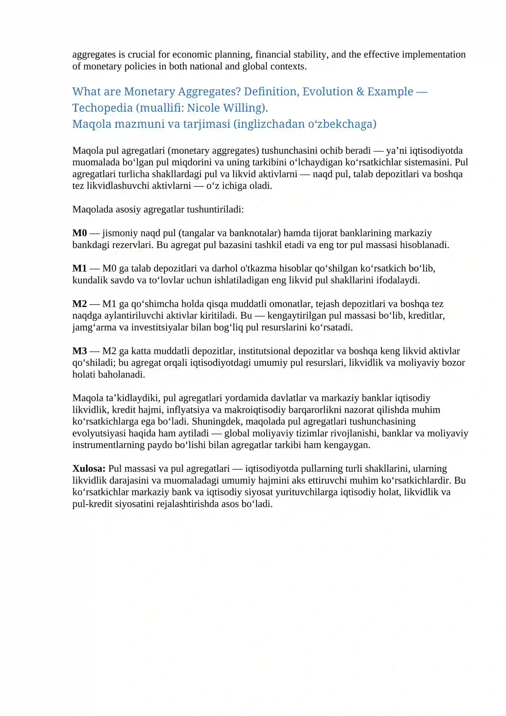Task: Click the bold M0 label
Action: pyautogui.click(x=79, y=233)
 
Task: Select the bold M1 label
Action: pyautogui.click(x=79, y=268)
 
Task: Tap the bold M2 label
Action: pyautogui.click(x=79, y=304)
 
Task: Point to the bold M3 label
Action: pyautogui.click(x=79, y=351)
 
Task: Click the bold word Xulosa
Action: pyautogui.click(x=89, y=468)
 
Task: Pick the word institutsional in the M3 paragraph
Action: pyautogui.click(x=264, y=351)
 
